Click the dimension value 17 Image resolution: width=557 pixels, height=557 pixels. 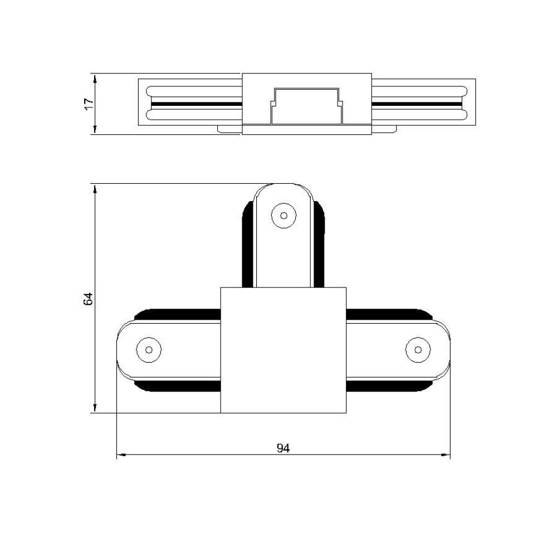(x=89, y=104)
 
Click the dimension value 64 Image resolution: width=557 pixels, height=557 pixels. (x=88, y=299)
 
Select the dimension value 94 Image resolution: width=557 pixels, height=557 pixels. (x=283, y=448)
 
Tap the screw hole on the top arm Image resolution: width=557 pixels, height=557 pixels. (x=284, y=215)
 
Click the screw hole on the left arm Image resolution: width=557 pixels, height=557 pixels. (x=149, y=350)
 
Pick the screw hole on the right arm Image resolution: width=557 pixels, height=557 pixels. (x=418, y=350)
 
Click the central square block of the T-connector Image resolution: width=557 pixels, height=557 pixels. (x=283, y=350)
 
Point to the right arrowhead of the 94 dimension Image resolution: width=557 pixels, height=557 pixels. (x=445, y=455)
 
